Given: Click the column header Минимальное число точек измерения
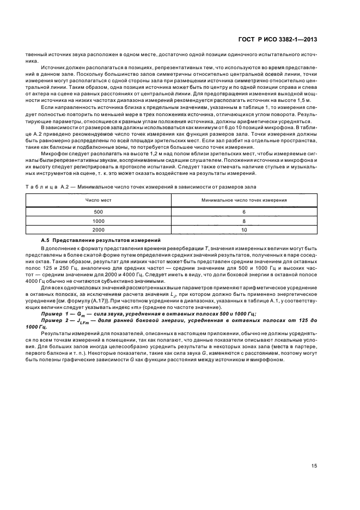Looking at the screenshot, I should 244,201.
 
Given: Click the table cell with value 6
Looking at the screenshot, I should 244,211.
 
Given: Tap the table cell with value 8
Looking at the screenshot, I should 244,221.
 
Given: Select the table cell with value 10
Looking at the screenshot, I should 244,230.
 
